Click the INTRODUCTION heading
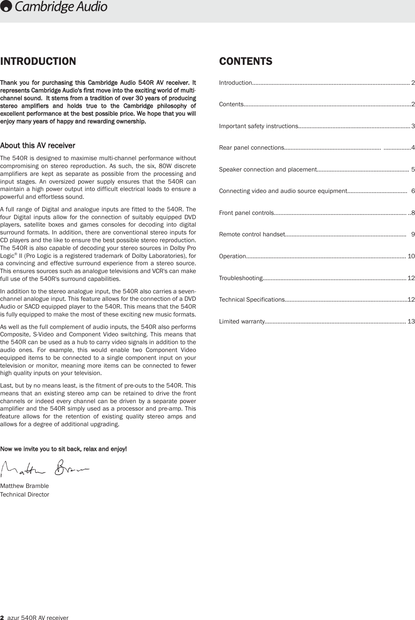[38, 62]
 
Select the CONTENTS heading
[246, 62]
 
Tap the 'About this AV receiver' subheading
[38, 146]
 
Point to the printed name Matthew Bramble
[25, 486]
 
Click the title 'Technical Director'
[25, 495]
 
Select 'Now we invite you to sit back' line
[63, 449]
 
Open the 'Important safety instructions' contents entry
[258, 126]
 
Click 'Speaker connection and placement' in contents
[267, 170]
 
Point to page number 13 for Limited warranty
[411, 322]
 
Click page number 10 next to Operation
[411, 256]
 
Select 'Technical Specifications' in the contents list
[251, 300]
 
